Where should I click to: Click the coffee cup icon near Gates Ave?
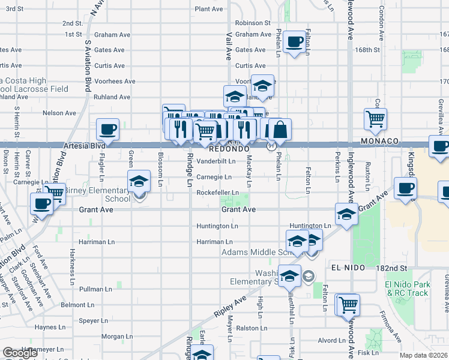294,43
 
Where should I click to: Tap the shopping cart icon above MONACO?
375,118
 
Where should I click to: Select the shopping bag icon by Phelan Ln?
280,128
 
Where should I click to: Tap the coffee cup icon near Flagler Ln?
107,129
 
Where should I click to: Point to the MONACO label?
379,141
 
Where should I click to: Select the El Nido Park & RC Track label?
408,289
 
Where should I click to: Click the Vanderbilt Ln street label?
214,161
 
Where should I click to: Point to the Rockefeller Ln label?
217,193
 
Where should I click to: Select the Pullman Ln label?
91,289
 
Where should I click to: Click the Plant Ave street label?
208,10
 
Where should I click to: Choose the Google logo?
20,353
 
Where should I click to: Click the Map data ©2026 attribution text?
424,355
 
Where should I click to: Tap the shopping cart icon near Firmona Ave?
348,305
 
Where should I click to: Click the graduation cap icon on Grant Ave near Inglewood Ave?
347,214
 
